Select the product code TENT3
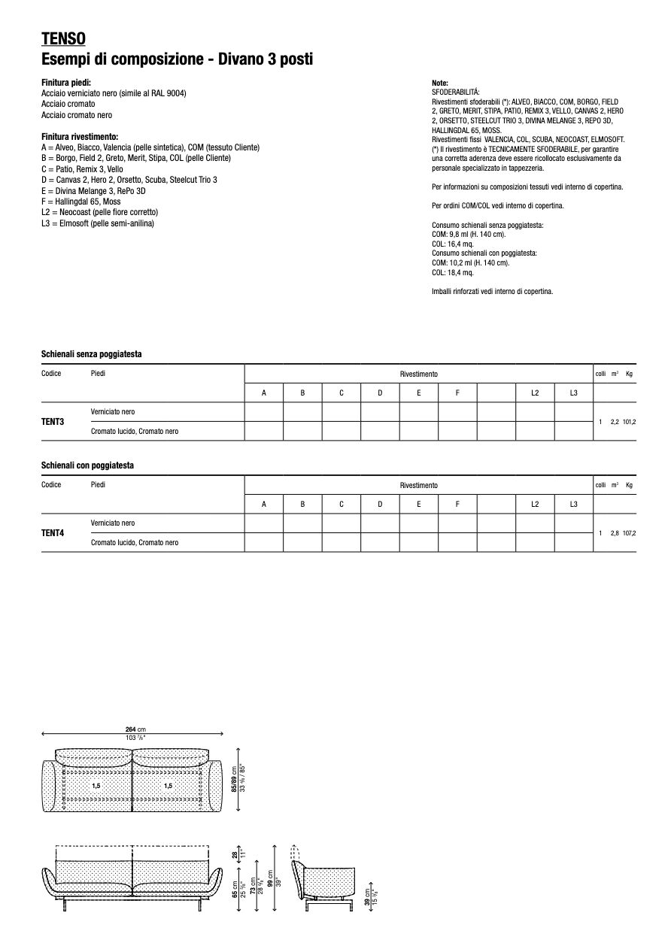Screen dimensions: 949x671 click(x=53, y=422)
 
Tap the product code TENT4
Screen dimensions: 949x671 click(x=53, y=533)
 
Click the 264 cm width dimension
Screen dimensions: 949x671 click(x=135, y=729)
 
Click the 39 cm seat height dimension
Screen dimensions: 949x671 click(x=367, y=896)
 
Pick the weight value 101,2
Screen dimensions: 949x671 click(x=629, y=422)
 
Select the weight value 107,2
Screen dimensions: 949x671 click(x=629, y=533)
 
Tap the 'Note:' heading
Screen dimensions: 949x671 click(x=440, y=82)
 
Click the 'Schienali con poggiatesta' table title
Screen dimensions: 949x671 click(x=87, y=466)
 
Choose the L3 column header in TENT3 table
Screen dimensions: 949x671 click(x=573, y=393)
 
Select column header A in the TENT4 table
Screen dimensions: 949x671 click(x=264, y=504)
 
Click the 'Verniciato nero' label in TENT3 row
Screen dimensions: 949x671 click(x=113, y=412)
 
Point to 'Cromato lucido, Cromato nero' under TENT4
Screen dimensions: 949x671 click(x=135, y=542)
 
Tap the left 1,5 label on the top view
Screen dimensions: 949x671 click(x=96, y=786)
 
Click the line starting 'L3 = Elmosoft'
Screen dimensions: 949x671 click(x=98, y=223)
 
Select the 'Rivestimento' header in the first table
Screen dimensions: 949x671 click(x=418, y=374)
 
